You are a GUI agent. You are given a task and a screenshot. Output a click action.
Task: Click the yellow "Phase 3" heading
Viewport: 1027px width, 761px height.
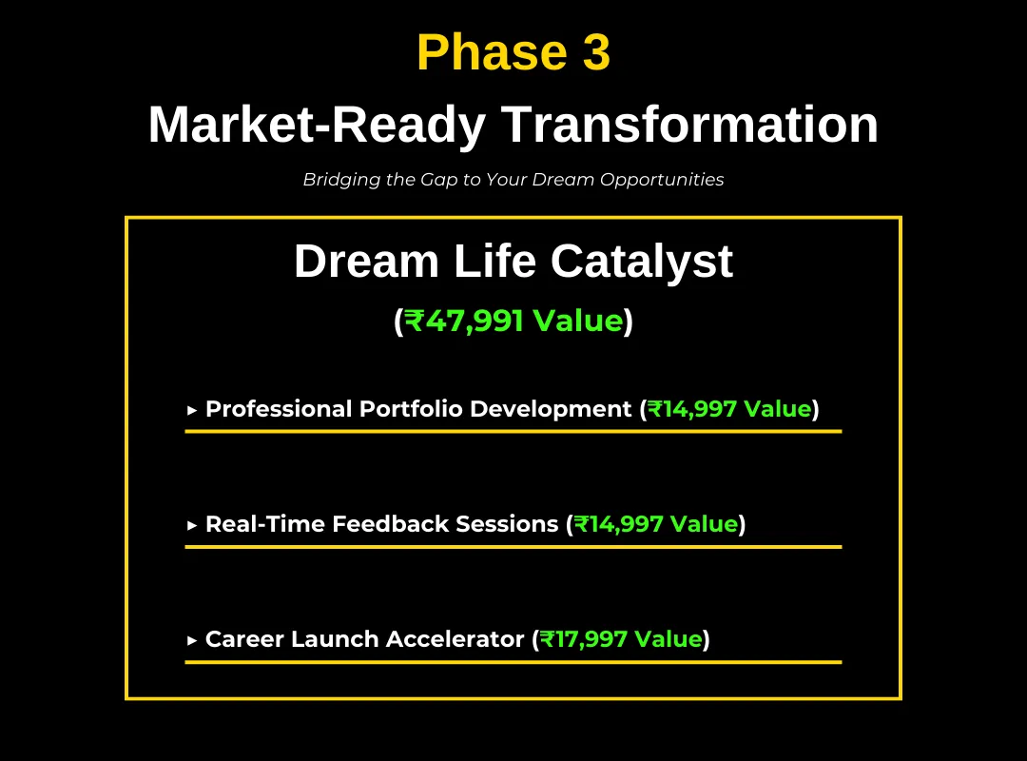click(513, 52)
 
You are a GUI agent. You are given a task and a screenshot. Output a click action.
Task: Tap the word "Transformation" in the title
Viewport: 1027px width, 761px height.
click(689, 125)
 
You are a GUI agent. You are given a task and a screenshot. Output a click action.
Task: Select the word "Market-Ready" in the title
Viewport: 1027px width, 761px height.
click(317, 126)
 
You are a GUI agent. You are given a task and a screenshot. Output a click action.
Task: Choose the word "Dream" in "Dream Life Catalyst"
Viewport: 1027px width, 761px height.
click(366, 261)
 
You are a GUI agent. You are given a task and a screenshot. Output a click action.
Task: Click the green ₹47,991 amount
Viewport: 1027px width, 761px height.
click(464, 322)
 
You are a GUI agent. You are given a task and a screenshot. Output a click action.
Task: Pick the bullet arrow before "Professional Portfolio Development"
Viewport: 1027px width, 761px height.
click(192, 411)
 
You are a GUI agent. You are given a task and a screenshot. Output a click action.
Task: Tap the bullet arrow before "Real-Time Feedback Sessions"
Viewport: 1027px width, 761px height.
click(192, 526)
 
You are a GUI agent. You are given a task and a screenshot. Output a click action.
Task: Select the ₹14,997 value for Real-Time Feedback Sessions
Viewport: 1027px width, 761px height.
click(619, 524)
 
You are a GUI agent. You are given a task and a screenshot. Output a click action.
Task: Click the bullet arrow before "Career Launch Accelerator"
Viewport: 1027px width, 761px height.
click(192, 641)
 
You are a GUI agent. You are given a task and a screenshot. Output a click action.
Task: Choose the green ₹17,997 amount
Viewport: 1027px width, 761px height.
click(584, 639)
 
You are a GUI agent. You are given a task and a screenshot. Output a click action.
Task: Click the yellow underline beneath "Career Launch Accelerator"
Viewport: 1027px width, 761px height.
click(513, 662)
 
